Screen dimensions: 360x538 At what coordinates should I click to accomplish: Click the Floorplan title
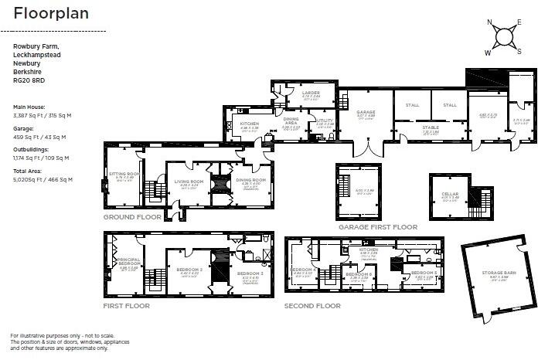[51, 14]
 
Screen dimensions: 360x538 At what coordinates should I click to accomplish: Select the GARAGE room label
[366, 113]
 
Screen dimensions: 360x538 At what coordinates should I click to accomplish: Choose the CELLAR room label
[450, 194]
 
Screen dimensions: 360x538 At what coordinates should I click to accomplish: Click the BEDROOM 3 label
[250, 274]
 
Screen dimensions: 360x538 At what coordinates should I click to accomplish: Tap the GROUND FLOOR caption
[132, 217]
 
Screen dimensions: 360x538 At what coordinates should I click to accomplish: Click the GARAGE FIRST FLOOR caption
[378, 227]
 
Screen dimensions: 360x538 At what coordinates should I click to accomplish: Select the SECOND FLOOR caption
[312, 306]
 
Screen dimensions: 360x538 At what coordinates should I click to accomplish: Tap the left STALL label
[411, 105]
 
